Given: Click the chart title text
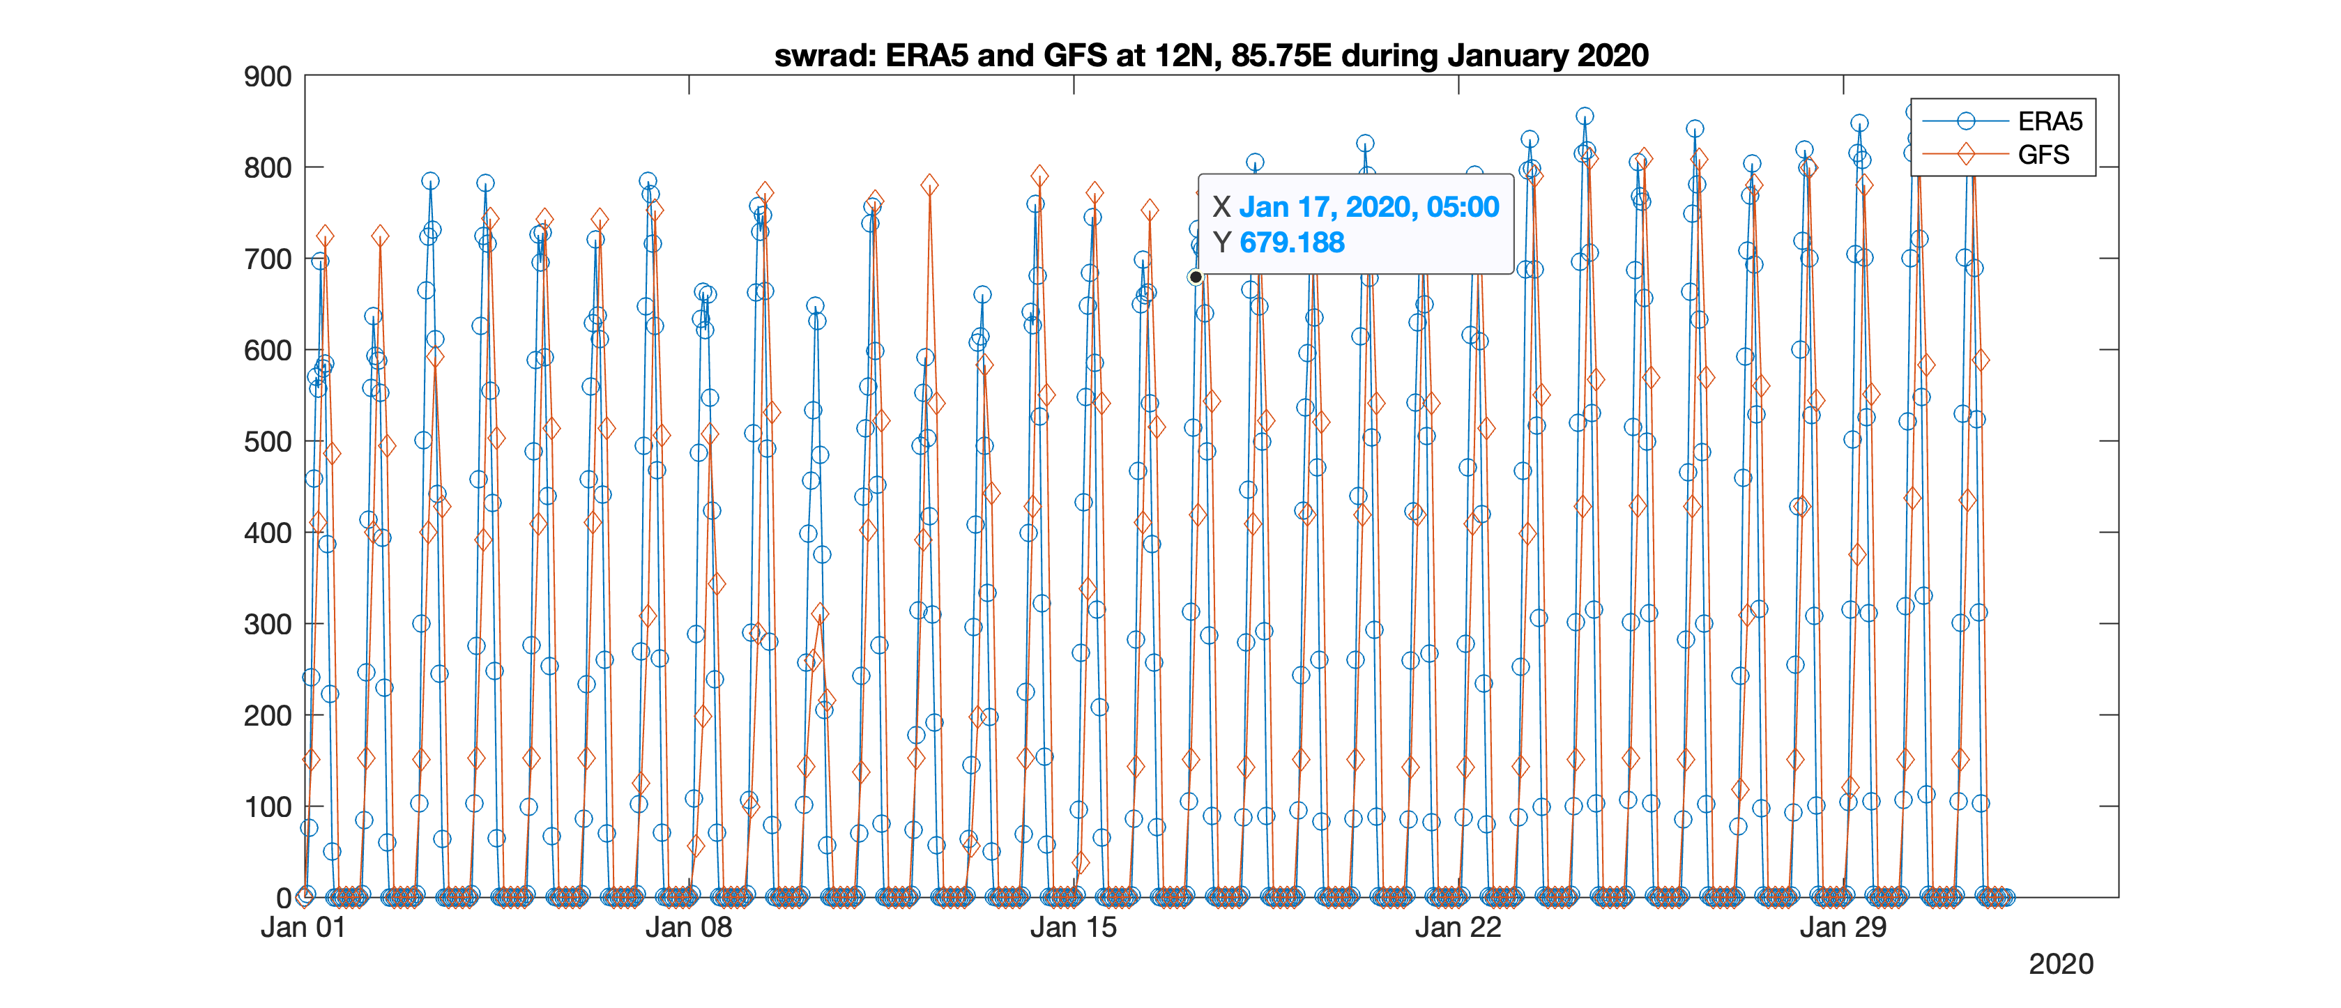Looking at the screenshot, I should point(1210,56).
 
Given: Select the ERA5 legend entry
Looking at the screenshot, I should point(2050,121).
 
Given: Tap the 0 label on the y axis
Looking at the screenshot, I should point(284,898).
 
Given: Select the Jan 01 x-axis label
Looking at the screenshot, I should point(303,927).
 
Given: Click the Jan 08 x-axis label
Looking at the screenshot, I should point(688,927).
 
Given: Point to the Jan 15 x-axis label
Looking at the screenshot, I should point(1074,927).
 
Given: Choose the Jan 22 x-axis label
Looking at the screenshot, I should point(1458,927).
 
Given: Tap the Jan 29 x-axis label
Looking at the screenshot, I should point(1843,927).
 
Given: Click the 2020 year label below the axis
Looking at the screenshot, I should point(2060,963).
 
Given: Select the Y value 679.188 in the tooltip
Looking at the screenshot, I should point(1291,243).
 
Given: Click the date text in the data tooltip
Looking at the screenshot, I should point(1368,207).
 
